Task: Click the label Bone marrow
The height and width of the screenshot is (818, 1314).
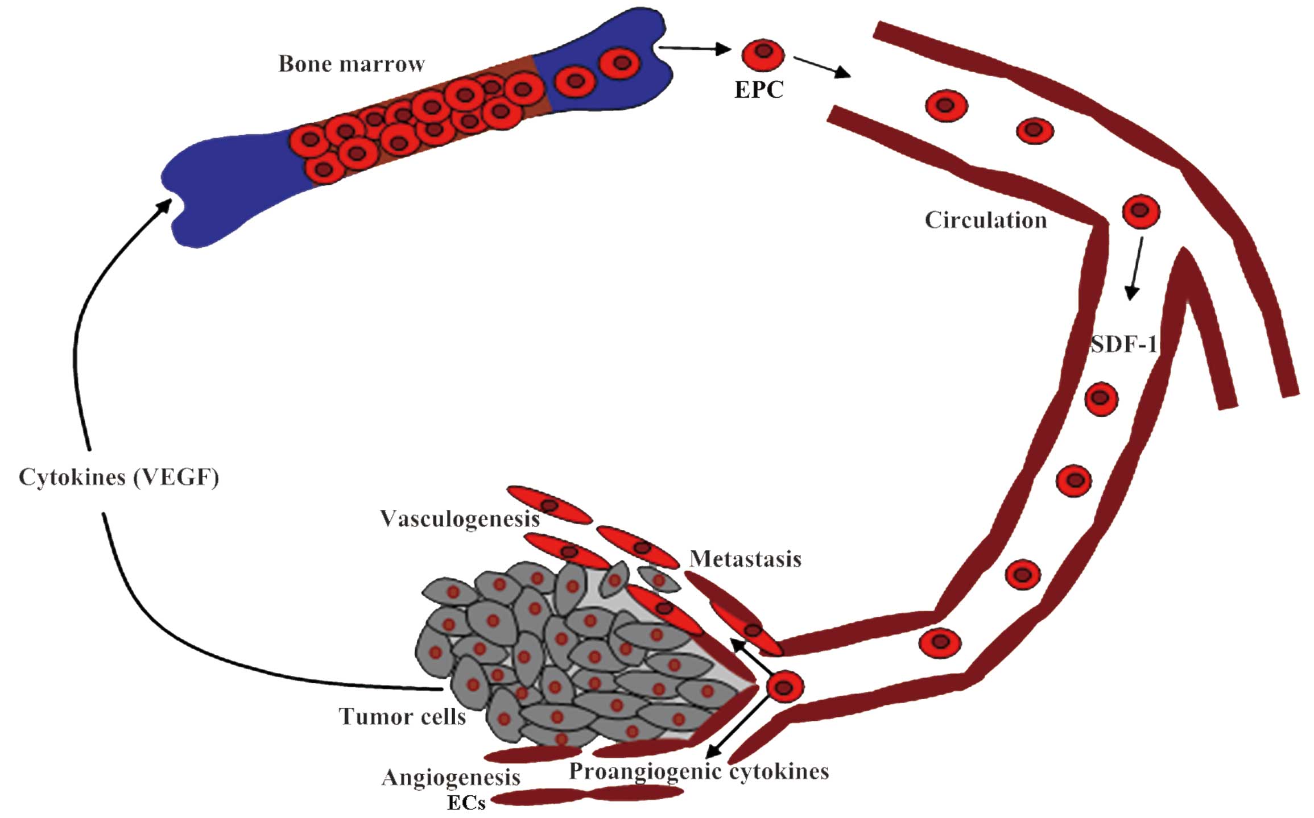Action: pos(351,64)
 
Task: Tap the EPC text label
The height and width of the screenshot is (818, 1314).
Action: pos(759,90)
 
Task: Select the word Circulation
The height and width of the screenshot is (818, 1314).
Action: pos(985,220)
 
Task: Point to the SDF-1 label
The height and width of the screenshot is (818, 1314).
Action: pos(1123,344)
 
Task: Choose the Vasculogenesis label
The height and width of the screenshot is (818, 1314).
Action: pos(460,518)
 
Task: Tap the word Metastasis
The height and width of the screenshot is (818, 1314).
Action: pos(745,559)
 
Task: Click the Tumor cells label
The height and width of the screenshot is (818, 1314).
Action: pos(402,716)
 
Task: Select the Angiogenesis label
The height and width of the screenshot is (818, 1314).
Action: pos(451,777)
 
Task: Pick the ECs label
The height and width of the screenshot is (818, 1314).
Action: pos(466,803)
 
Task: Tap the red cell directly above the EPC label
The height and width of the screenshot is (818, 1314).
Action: pos(763,55)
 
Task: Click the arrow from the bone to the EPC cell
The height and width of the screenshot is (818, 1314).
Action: pos(694,49)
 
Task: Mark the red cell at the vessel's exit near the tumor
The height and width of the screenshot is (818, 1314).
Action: pos(784,687)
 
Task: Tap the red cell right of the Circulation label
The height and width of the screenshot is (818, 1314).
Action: pos(1141,211)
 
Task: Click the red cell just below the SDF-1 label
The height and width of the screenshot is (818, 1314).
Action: pos(1101,398)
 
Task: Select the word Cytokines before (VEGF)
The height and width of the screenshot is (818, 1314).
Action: pos(72,477)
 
